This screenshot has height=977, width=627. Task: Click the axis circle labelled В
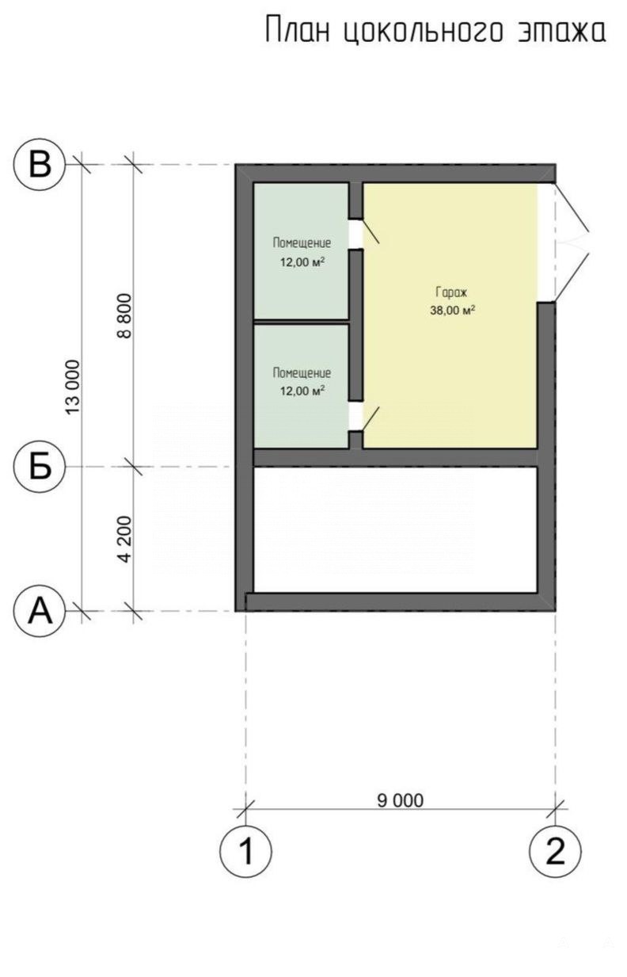[x=40, y=165]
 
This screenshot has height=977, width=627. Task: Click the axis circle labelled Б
[x=40, y=467]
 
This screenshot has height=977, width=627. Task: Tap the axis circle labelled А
[x=40, y=611]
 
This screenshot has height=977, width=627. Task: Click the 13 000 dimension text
[x=73, y=387]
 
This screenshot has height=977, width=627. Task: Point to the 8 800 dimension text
[x=124, y=316]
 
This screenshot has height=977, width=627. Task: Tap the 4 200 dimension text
[x=124, y=539]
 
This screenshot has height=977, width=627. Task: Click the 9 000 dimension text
[x=400, y=800]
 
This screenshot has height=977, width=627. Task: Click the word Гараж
[x=451, y=292]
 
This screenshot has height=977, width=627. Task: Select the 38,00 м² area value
[x=452, y=310]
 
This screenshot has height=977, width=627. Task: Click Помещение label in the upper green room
[x=302, y=243]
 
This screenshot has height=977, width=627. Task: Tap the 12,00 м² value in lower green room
[x=302, y=391]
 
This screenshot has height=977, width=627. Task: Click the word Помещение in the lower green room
[x=302, y=373]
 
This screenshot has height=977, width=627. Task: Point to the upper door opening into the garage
[x=363, y=233]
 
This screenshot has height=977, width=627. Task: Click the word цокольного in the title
[x=422, y=31]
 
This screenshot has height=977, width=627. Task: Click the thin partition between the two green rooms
[x=301, y=322]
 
